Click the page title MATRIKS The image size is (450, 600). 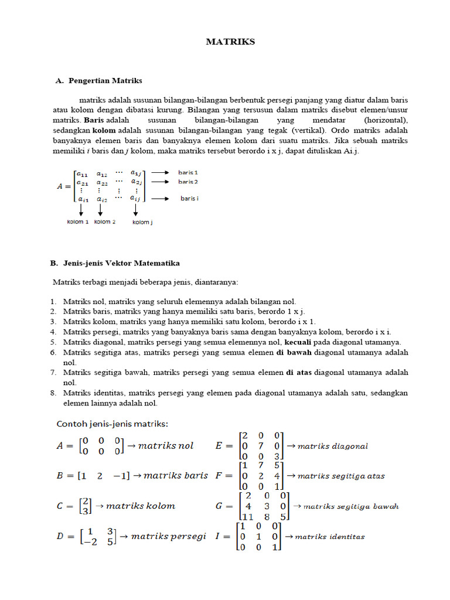pyautogui.click(x=230, y=42)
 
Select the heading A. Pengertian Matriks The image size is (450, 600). pyautogui.click(x=99, y=80)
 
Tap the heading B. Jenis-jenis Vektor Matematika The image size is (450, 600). pyautogui.click(x=115, y=263)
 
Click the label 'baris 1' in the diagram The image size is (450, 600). pyautogui.click(x=188, y=173)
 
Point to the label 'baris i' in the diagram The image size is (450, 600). pyautogui.click(x=189, y=199)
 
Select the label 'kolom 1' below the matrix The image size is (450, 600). pyautogui.click(x=77, y=222)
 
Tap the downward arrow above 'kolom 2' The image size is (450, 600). pyautogui.click(x=100, y=210)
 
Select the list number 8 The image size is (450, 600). pyautogui.click(x=53, y=393)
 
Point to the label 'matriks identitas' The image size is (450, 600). pyautogui.click(x=330, y=536)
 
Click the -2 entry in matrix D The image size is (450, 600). pyautogui.click(x=87, y=541)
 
